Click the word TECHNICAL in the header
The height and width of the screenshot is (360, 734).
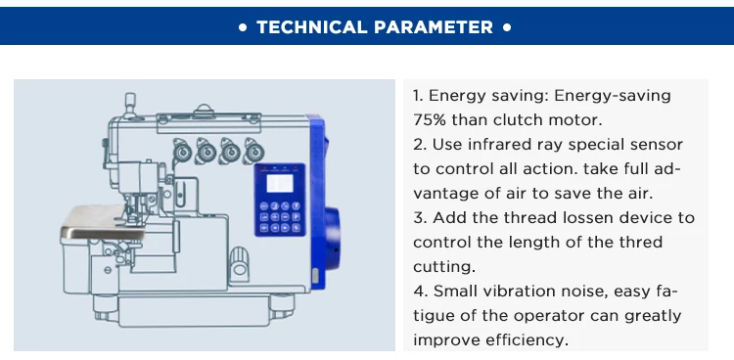(x=312, y=27)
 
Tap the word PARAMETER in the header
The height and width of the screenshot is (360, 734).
(x=434, y=27)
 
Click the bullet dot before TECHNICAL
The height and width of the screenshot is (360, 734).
(x=243, y=27)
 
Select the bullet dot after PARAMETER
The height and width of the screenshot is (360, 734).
(x=507, y=27)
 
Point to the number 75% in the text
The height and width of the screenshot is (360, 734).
(x=430, y=120)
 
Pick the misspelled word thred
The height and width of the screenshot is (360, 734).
(x=641, y=242)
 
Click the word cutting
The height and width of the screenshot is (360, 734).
(x=443, y=267)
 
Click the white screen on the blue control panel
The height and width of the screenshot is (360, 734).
(x=280, y=183)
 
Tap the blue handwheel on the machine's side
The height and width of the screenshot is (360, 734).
(x=333, y=239)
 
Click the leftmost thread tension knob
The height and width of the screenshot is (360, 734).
(x=182, y=151)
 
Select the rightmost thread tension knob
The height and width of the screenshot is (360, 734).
(x=253, y=151)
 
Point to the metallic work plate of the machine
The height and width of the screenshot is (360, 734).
(x=103, y=222)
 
